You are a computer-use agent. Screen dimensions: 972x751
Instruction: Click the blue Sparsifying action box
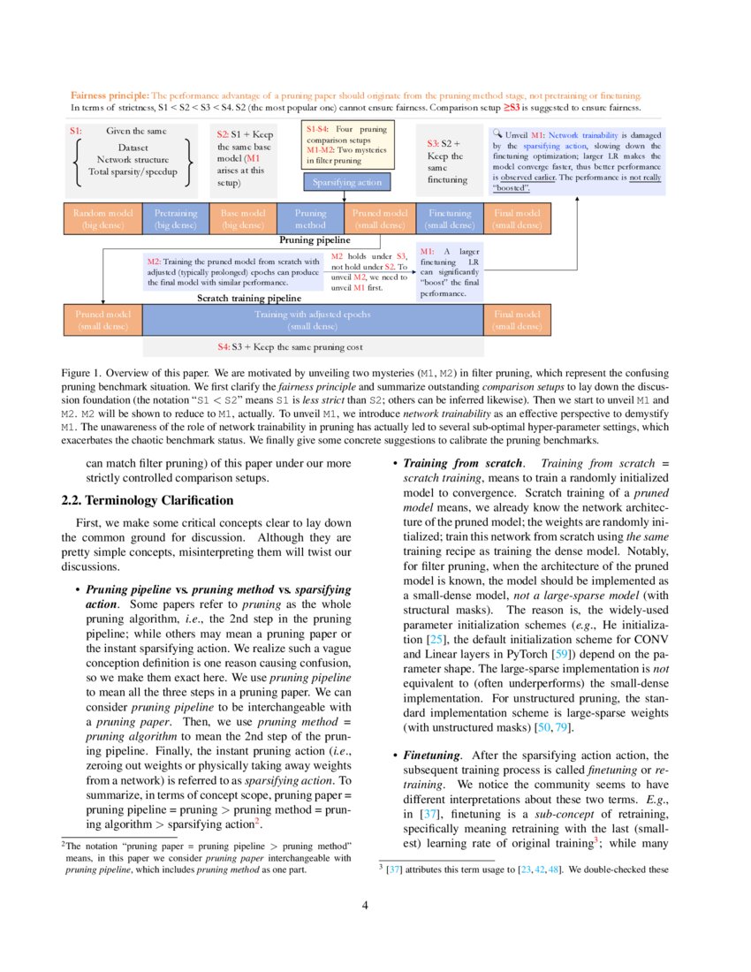(x=346, y=182)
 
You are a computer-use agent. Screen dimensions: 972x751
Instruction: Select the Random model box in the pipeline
(x=103, y=219)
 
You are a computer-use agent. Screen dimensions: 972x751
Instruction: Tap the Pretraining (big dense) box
(x=176, y=219)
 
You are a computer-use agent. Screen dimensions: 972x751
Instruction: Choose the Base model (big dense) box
(x=243, y=219)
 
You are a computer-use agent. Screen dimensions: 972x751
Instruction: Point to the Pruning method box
(x=310, y=219)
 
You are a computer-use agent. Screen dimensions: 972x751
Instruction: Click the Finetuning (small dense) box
(x=450, y=219)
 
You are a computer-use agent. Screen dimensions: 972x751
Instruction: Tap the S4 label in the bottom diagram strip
(x=224, y=346)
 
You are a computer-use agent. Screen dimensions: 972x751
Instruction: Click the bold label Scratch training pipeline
(x=242, y=299)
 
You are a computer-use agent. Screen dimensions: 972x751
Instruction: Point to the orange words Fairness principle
(x=110, y=95)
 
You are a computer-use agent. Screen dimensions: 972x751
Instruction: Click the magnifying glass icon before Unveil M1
(x=497, y=134)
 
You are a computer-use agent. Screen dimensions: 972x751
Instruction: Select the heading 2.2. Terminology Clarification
(x=148, y=500)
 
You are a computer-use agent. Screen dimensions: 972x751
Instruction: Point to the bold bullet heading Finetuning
(x=432, y=756)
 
